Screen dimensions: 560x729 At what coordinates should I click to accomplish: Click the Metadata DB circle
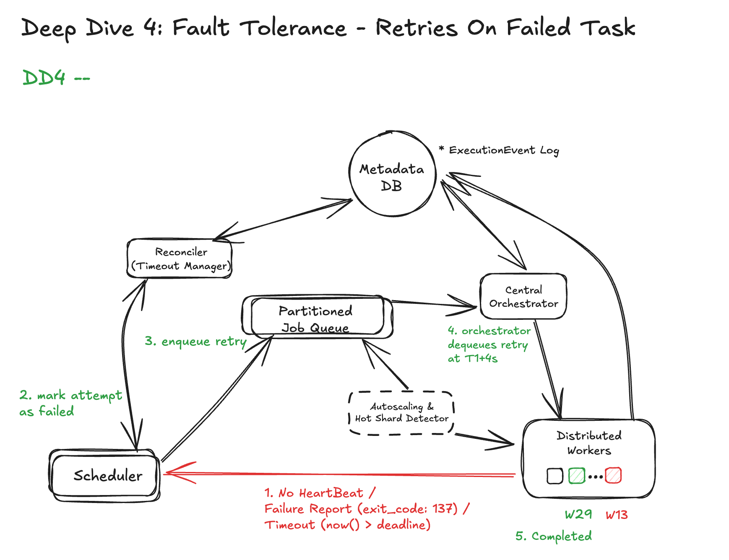point(392,174)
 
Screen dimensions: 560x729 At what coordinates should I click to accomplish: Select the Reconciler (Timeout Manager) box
point(180,259)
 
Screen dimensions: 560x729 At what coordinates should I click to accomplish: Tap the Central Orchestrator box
point(523,296)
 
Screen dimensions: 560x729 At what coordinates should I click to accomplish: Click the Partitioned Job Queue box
point(317,317)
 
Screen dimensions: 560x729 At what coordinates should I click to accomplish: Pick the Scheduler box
point(105,475)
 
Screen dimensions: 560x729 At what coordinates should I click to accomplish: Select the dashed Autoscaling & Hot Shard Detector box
point(401,413)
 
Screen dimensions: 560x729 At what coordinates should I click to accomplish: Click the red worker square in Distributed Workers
point(613,476)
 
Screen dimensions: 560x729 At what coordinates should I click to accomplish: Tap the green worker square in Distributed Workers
point(576,476)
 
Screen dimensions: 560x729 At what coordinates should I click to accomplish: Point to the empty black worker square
point(555,476)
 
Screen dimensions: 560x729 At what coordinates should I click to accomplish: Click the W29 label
point(578,514)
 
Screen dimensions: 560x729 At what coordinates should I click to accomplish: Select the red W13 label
point(616,515)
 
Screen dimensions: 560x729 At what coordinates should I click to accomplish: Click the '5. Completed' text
point(553,537)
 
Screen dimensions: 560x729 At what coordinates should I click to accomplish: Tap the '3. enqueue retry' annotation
point(195,342)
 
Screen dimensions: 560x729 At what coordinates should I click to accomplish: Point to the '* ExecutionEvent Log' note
point(499,150)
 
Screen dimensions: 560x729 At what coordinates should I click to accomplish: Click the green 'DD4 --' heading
point(55,78)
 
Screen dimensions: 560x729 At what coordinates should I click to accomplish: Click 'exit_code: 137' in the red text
point(407,509)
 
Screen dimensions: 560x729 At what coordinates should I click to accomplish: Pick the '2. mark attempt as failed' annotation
point(70,403)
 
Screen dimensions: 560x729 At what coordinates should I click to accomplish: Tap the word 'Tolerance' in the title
point(293,28)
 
